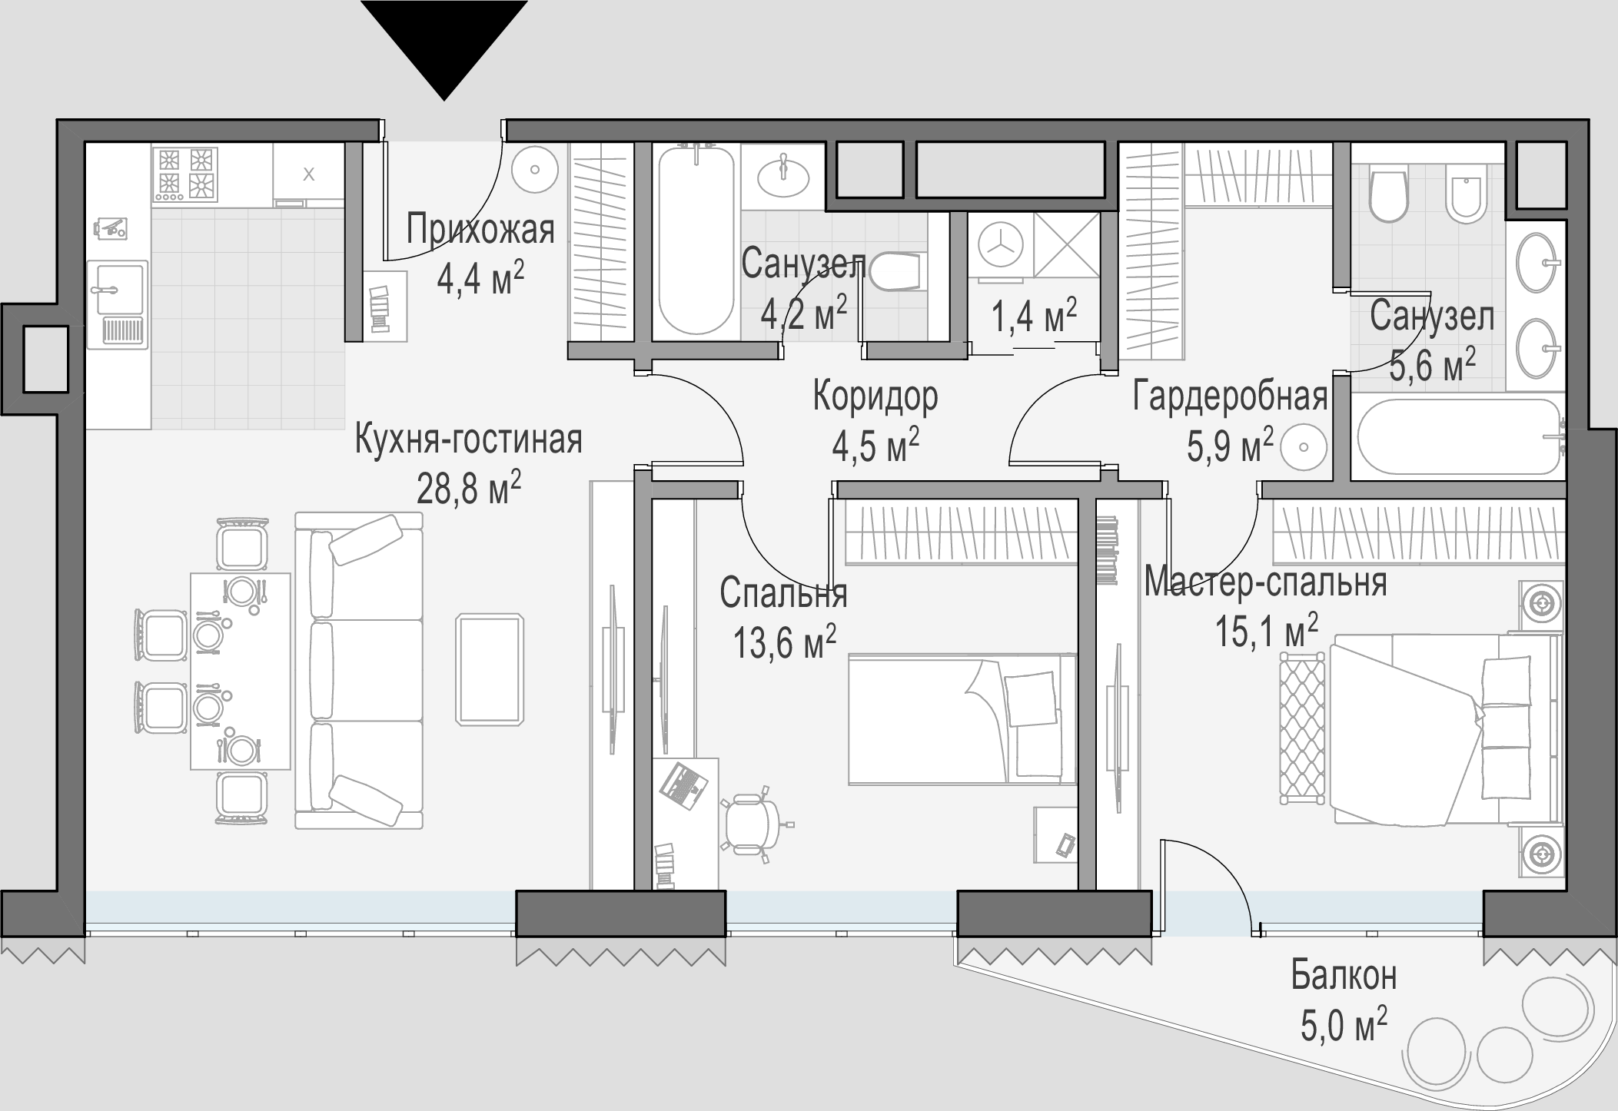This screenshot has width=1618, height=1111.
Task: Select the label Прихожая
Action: point(480,229)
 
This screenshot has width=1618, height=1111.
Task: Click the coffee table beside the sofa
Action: point(490,668)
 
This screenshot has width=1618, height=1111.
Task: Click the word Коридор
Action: point(875,396)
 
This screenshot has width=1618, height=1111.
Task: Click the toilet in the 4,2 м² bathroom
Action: point(894,271)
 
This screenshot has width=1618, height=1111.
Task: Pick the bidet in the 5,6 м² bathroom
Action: point(1463,193)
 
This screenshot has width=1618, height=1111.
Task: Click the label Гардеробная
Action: point(1231,397)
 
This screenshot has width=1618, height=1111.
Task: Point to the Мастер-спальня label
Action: point(1266,582)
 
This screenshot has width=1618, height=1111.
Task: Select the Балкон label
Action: point(1344,977)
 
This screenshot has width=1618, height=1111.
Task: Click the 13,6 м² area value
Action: point(785,642)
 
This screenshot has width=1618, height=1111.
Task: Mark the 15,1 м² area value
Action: point(1266,631)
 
